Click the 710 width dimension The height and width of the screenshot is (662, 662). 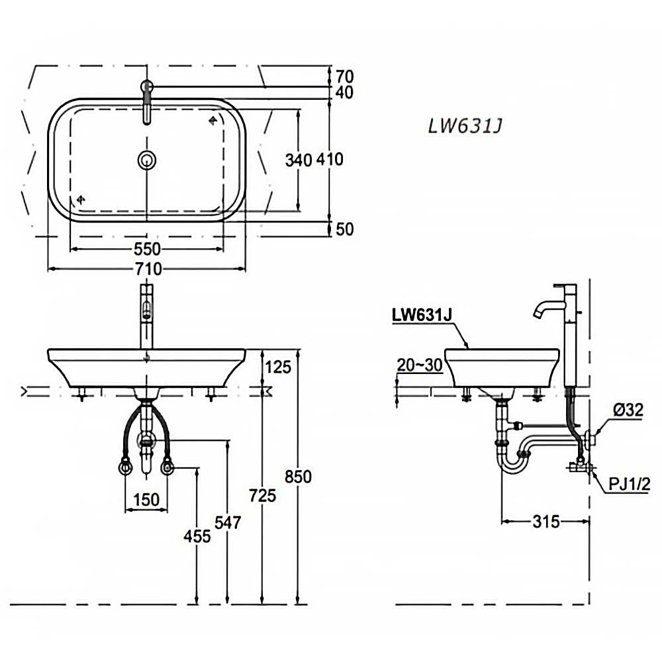pyautogui.click(x=148, y=269)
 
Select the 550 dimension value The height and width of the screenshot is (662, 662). pyautogui.click(x=147, y=249)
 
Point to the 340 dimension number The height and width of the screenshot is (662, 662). pyautogui.click(x=299, y=160)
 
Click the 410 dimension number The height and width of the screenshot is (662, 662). pyautogui.click(x=330, y=160)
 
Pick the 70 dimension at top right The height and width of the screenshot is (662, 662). pyautogui.click(x=344, y=75)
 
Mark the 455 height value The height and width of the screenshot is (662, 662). pyautogui.click(x=197, y=535)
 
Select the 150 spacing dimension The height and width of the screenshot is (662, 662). pyautogui.click(x=146, y=499)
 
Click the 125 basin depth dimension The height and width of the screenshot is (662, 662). pyautogui.click(x=278, y=366)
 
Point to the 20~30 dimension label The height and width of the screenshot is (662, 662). pyautogui.click(x=419, y=365)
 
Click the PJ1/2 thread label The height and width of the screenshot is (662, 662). pyautogui.click(x=630, y=485)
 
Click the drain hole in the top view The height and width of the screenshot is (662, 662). pyautogui.click(x=147, y=159)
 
